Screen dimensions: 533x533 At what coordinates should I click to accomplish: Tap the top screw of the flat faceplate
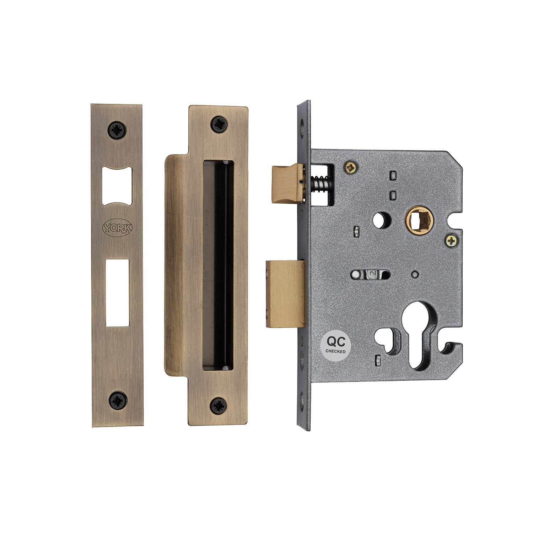tap(117, 129)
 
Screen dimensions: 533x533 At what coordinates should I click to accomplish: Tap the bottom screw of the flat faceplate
tap(117, 399)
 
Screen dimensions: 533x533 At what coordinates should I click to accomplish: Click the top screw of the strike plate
tap(219, 124)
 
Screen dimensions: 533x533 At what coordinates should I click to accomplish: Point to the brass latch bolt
tap(287, 183)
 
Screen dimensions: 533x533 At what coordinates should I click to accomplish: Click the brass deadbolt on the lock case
tap(285, 294)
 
